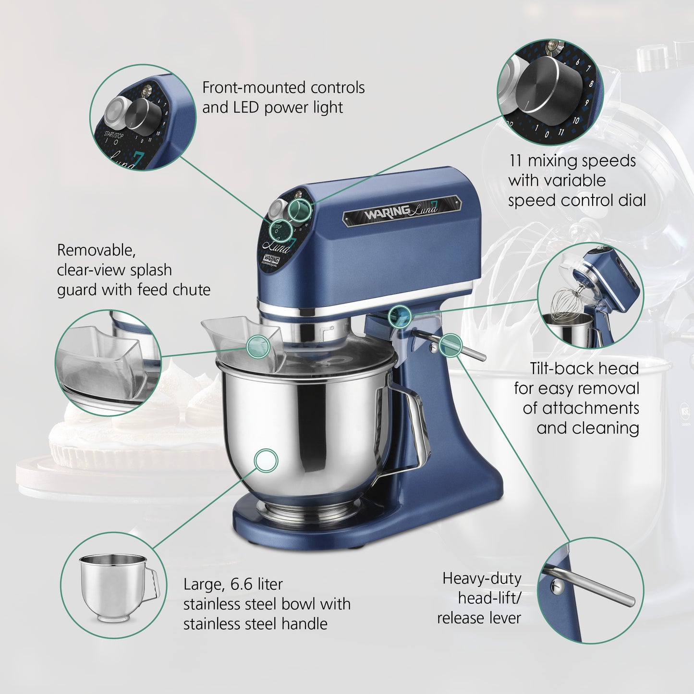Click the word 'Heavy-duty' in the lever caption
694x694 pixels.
coord(481,578)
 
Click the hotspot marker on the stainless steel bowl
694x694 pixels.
coord(266,460)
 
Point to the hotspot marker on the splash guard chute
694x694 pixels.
coord(258,346)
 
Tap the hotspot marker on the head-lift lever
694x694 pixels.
coord(450,344)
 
